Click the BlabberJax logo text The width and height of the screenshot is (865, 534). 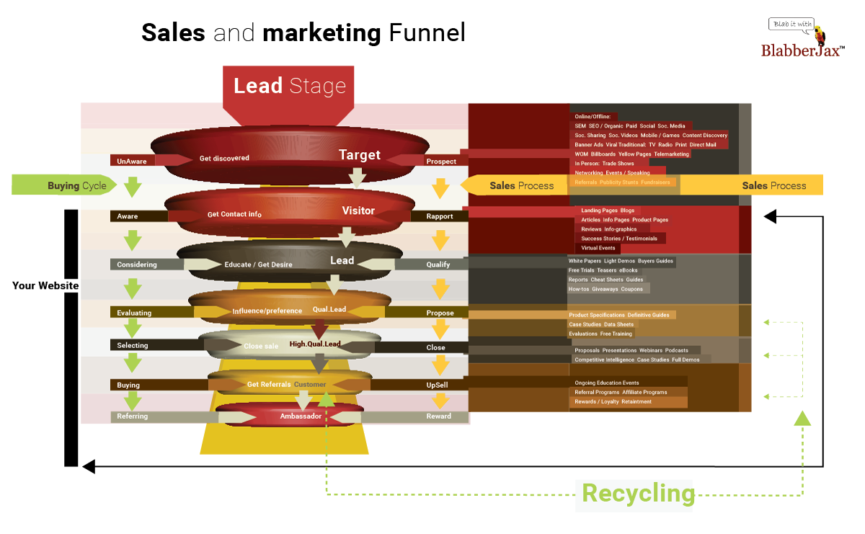(802, 50)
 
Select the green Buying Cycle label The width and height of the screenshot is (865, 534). (76, 185)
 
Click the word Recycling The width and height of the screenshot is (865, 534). (638, 494)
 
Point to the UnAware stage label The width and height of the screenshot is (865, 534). (132, 161)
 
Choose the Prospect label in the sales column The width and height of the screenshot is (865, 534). (441, 161)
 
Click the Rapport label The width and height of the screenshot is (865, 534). (440, 216)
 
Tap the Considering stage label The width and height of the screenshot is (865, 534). (137, 264)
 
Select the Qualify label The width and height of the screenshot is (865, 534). (438, 264)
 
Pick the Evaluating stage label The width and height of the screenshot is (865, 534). (134, 313)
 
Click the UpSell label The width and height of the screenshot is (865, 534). (437, 385)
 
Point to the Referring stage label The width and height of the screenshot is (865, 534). (133, 417)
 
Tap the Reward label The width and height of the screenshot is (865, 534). (438, 417)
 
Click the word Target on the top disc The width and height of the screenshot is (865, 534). (360, 155)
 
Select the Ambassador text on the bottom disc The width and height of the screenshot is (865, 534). (301, 417)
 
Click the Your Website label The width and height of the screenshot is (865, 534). (45, 285)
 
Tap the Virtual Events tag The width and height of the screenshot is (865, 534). (598, 248)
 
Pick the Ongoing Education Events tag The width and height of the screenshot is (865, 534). (606, 383)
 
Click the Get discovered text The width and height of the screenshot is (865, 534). (224, 158)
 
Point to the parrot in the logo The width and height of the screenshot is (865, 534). (820, 33)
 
